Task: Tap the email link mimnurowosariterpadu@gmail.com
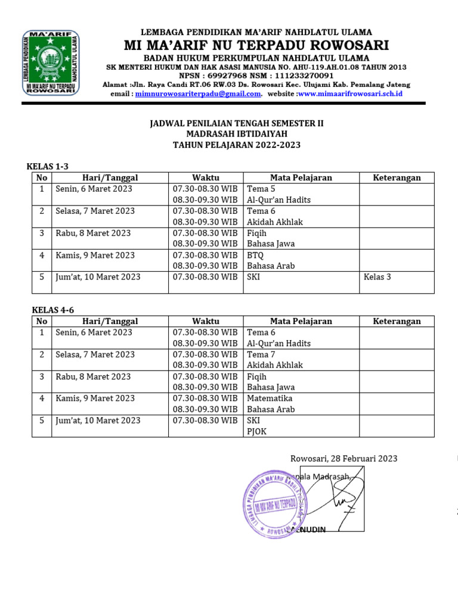coord(198,94)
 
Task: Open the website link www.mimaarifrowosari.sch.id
coord(350,94)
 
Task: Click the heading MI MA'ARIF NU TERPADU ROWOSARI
coord(256,45)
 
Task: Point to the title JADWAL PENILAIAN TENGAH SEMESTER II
coord(236,123)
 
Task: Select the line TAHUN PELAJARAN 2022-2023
coord(236,145)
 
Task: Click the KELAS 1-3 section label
coord(52,166)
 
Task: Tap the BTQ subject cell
coord(255,255)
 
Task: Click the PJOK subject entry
coord(257,431)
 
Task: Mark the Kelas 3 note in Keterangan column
coord(377,277)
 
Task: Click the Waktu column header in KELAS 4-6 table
coord(206,321)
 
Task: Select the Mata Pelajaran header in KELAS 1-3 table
coord(301,178)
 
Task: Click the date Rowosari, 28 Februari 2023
coord(343,459)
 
